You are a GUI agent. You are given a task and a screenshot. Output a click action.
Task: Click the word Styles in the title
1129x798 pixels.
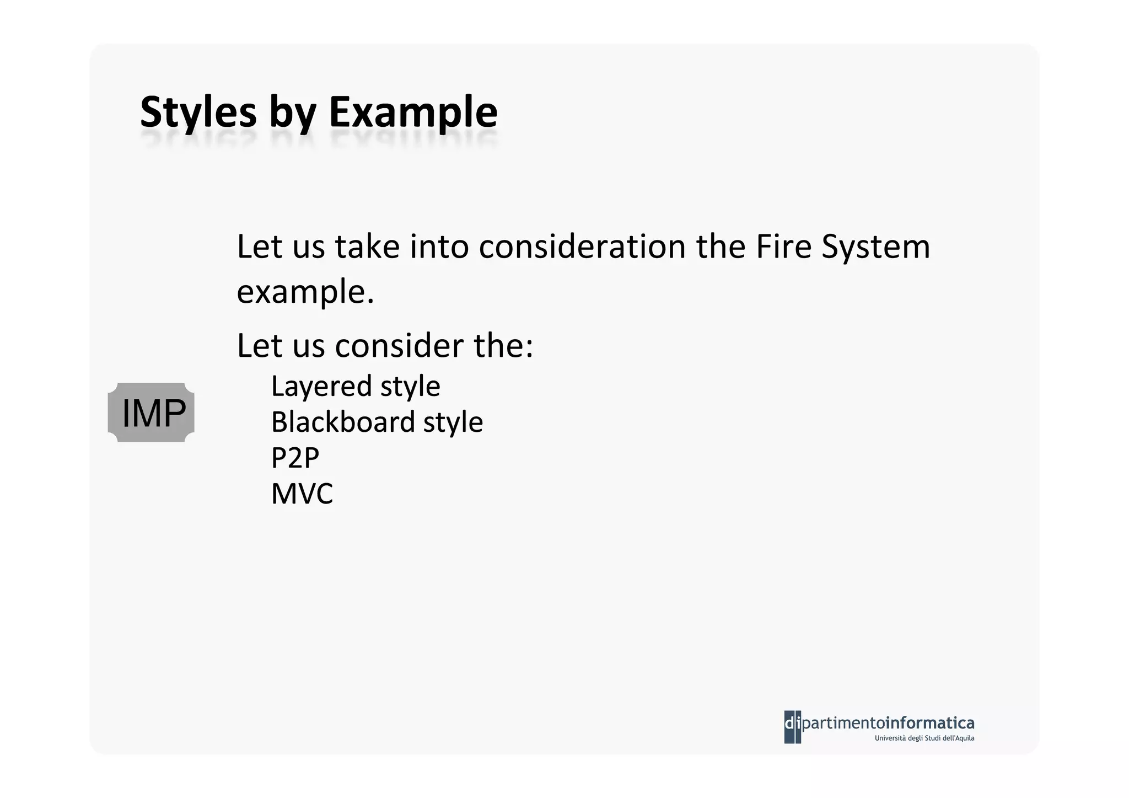click(198, 113)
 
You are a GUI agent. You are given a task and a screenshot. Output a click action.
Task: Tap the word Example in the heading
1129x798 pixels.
click(413, 113)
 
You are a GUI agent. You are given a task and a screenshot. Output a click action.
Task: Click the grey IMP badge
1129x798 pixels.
click(151, 413)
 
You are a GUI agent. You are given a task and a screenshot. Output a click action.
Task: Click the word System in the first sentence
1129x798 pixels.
click(875, 248)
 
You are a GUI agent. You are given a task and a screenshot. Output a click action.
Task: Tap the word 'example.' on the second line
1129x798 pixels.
click(305, 292)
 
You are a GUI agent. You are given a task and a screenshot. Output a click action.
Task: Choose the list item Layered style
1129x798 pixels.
click(356, 386)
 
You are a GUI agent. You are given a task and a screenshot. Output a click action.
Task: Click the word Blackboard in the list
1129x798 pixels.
click(342, 422)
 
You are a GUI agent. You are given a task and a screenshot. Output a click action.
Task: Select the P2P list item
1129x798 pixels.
click(295, 458)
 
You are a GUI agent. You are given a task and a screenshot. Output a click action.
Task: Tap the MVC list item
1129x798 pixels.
click(302, 494)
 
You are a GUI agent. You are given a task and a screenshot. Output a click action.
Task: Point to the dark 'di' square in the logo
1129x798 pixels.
click(792, 727)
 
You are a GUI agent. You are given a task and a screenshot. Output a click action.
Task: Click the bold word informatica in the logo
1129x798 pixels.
click(929, 722)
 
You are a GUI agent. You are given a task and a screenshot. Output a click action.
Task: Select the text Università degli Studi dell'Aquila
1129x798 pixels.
click(924, 738)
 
